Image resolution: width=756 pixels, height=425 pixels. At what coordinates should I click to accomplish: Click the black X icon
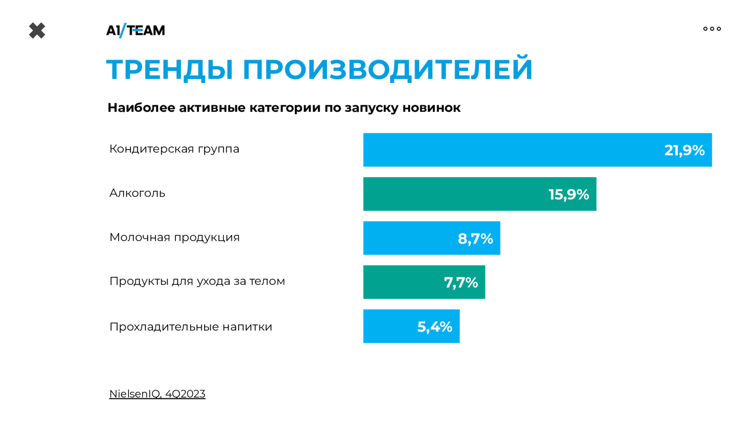(x=37, y=31)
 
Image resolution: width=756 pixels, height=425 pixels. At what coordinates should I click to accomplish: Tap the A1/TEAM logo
(x=136, y=30)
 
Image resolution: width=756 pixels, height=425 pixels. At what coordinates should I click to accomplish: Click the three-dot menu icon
(x=712, y=29)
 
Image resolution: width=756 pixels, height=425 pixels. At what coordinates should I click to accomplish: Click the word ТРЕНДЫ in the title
(x=170, y=69)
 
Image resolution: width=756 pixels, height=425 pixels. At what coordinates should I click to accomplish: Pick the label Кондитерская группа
(x=174, y=149)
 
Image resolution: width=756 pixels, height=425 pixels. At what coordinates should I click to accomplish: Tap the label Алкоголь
(x=137, y=193)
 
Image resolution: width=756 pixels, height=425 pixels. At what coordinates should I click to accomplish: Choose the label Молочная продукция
(x=174, y=237)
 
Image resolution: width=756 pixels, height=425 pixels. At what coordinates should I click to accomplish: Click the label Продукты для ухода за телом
(x=197, y=281)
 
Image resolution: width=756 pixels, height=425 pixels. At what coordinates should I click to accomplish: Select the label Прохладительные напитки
(x=190, y=327)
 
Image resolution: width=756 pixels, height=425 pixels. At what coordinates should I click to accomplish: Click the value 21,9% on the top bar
(x=684, y=150)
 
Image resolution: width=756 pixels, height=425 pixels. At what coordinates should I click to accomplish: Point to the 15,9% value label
(x=568, y=195)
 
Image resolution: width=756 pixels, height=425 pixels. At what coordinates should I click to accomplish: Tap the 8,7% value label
(x=475, y=238)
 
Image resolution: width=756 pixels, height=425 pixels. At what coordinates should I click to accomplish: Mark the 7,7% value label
(x=461, y=282)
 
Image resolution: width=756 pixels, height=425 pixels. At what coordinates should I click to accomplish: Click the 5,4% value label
(x=434, y=327)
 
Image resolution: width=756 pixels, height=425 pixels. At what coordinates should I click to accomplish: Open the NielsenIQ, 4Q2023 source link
(x=157, y=394)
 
